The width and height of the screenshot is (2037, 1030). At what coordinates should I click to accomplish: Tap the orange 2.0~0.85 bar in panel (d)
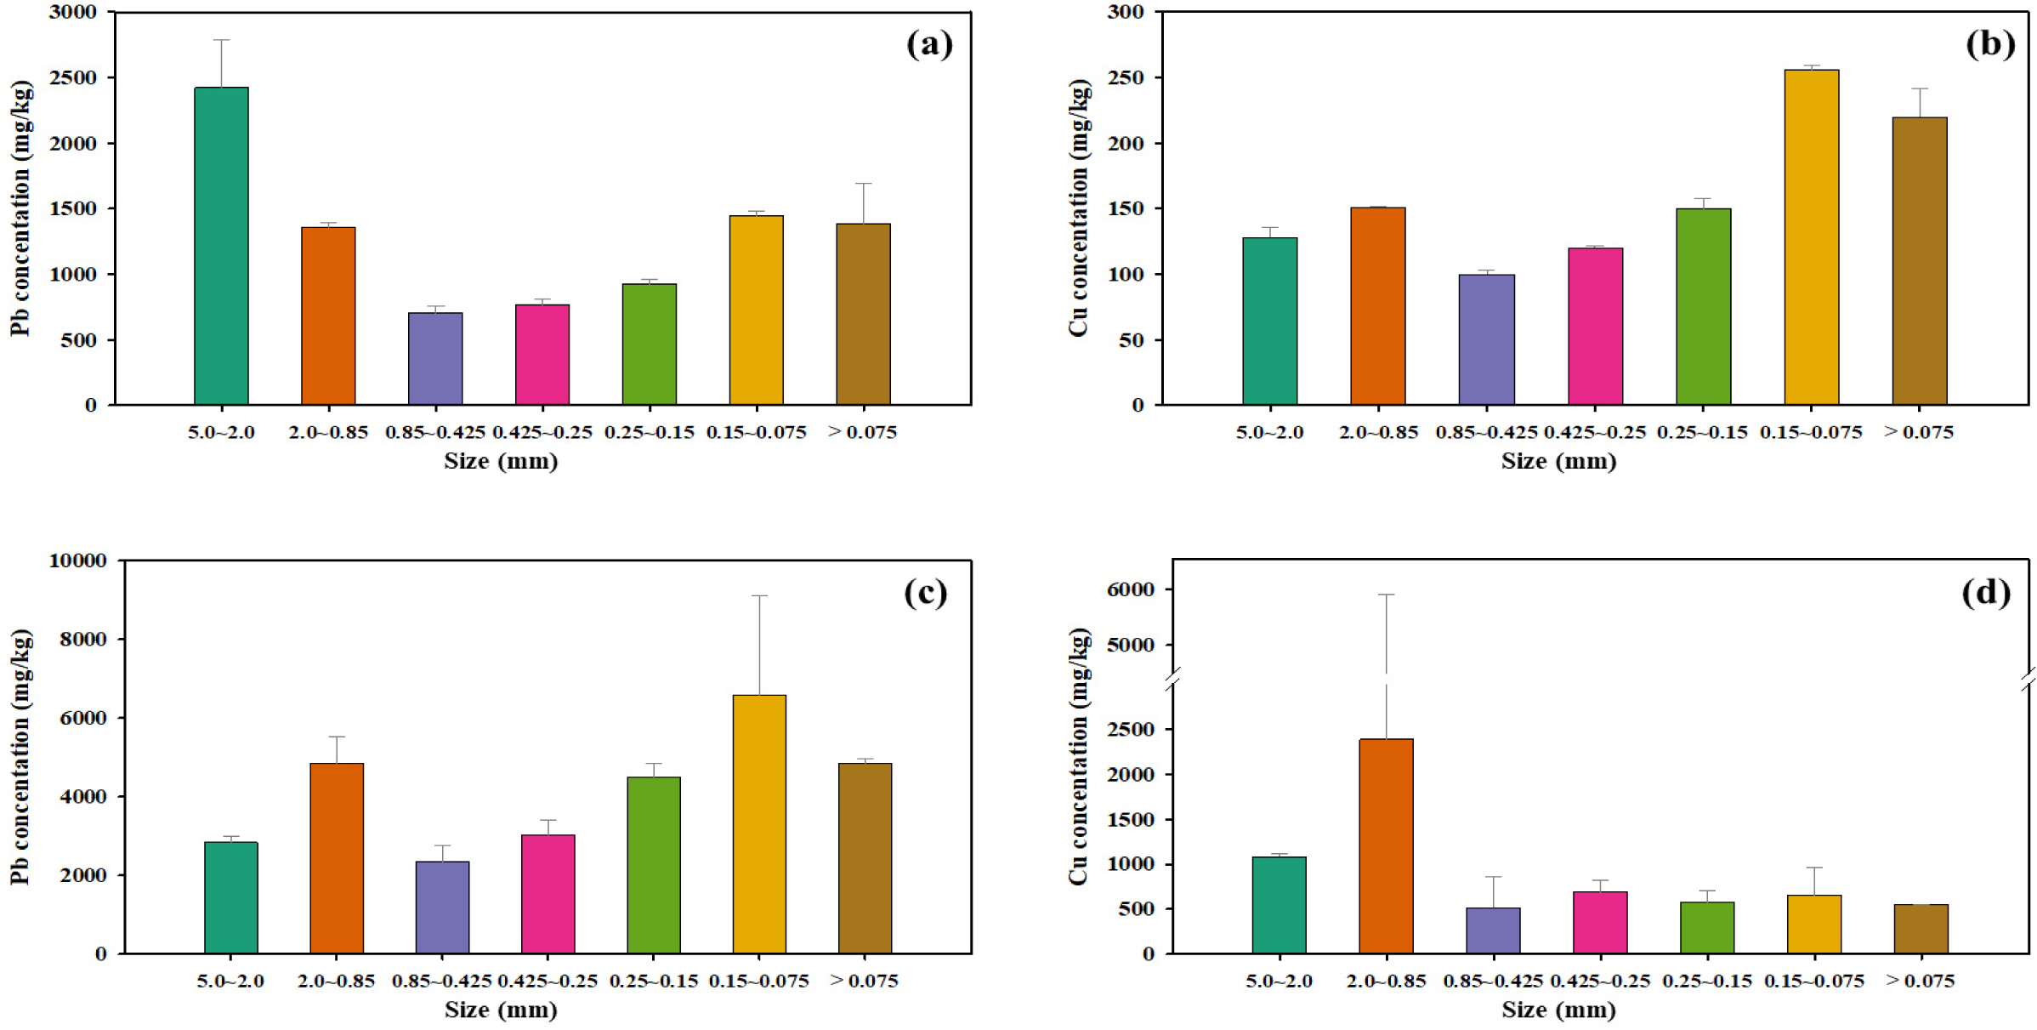pyautogui.click(x=1386, y=845)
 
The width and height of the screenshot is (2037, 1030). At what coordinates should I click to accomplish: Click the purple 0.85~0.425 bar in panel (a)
pyautogui.click(x=435, y=358)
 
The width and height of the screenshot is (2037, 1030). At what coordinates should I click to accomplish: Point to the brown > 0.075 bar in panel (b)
pyautogui.click(x=1919, y=260)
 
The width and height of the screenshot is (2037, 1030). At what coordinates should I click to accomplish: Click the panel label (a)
pyautogui.click(x=929, y=43)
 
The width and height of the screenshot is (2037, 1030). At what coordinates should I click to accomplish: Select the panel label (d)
pyautogui.click(x=1986, y=592)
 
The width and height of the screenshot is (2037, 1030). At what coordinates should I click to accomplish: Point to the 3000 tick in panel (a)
pyautogui.click(x=72, y=13)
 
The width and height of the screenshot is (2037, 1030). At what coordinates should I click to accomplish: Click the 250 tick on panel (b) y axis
pyautogui.click(x=1125, y=77)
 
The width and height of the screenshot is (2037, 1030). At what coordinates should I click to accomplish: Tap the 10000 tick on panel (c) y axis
pyautogui.click(x=77, y=561)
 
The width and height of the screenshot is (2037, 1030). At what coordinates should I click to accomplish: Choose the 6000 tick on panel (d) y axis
pyautogui.click(x=1130, y=589)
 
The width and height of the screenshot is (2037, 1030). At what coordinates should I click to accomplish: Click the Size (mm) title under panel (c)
pyautogui.click(x=501, y=1010)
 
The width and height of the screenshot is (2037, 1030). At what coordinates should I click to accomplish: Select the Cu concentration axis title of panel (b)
pyautogui.click(x=1078, y=208)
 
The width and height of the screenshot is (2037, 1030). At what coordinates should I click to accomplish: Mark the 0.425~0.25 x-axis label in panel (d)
pyautogui.click(x=1599, y=981)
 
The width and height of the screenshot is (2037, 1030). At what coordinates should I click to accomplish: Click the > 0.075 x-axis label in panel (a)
pyautogui.click(x=862, y=432)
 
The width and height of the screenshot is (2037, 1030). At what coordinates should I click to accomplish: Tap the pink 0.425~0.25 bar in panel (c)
pyautogui.click(x=548, y=893)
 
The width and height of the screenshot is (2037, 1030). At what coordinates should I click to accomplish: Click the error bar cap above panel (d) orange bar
pyautogui.click(x=1386, y=595)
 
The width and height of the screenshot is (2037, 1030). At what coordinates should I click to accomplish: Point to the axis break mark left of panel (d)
pyautogui.click(x=1173, y=679)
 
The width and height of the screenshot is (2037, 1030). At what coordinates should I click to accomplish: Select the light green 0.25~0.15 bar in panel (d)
pyautogui.click(x=1706, y=927)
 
